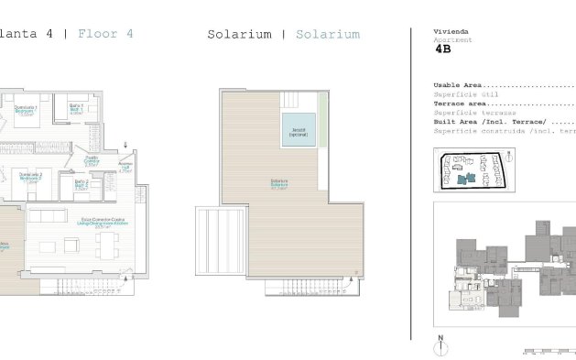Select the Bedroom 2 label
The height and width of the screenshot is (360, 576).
32,177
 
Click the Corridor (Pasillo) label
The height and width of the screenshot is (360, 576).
92,161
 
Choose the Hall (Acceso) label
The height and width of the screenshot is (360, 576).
126,167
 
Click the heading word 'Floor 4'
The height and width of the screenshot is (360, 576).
105,34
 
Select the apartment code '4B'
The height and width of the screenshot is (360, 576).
443,51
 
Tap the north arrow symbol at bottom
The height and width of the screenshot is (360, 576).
441,346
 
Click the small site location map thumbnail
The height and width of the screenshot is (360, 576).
474,170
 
